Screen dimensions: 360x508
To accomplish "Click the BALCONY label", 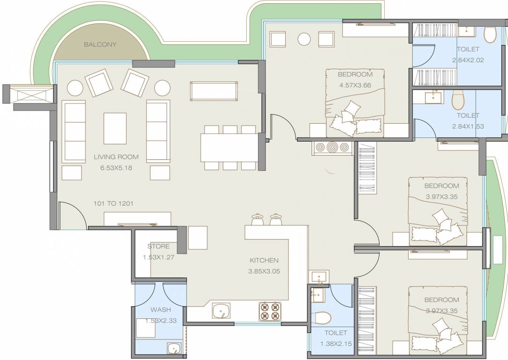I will click(x=100, y=45).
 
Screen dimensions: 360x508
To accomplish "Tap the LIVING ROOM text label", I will click(x=116, y=157).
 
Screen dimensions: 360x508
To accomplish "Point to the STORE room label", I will click(x=159, y=246).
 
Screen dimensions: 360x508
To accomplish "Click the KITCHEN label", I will click(x=264, y=260).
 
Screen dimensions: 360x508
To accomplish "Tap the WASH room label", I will click(x=160, y=310).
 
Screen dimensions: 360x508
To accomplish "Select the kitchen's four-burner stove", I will click(x=269, y=311).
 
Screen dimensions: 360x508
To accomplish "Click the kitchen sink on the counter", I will click(x=221, y=310).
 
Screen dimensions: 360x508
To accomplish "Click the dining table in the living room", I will click(x=229, y=147).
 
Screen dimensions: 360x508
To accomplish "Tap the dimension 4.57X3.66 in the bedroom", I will click(x=355, y=85).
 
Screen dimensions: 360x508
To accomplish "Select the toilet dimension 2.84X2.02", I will click(x=468, y=60).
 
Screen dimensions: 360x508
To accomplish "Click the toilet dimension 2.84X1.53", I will click(x=468, y=126).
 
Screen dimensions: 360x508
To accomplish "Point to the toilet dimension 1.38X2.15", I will click(x=335, y=344).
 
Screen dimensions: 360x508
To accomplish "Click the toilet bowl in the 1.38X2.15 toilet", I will click(x=321, y=317).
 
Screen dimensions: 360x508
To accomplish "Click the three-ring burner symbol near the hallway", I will click(x=333, y=147).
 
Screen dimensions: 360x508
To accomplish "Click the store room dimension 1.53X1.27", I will click(x=159, y=257).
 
